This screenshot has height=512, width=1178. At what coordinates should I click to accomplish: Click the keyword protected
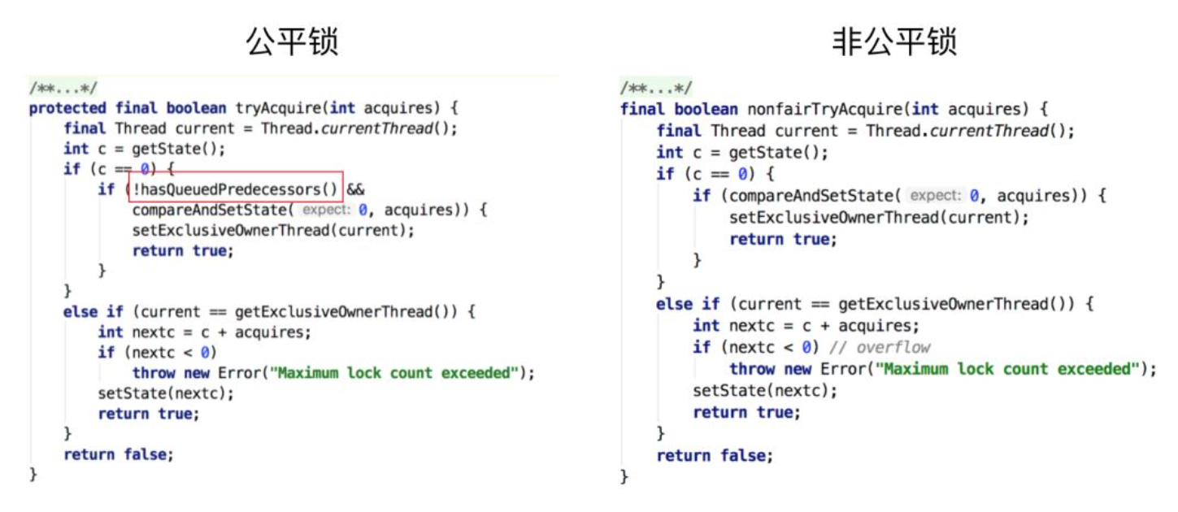coord(67,108)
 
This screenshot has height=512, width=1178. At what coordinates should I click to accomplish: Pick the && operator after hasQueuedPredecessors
coord(356,190)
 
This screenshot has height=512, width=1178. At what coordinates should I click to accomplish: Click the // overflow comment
coord(882,348)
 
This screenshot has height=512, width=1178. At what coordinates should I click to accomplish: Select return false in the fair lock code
coord(119,454)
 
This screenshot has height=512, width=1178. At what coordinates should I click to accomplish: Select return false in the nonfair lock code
coord(715,456)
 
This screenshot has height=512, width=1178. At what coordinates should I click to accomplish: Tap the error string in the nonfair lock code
coord(1007,369)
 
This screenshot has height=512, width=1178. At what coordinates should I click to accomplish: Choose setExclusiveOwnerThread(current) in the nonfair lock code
coord(879,217)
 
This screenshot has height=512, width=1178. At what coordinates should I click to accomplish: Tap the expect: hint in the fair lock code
coord(328,210)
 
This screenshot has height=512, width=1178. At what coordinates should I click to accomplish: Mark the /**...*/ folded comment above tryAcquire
coord(63,88)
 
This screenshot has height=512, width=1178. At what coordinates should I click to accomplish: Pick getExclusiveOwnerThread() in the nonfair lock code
coord(955,304)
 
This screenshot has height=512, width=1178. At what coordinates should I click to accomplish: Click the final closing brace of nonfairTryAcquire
coord(624,476)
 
